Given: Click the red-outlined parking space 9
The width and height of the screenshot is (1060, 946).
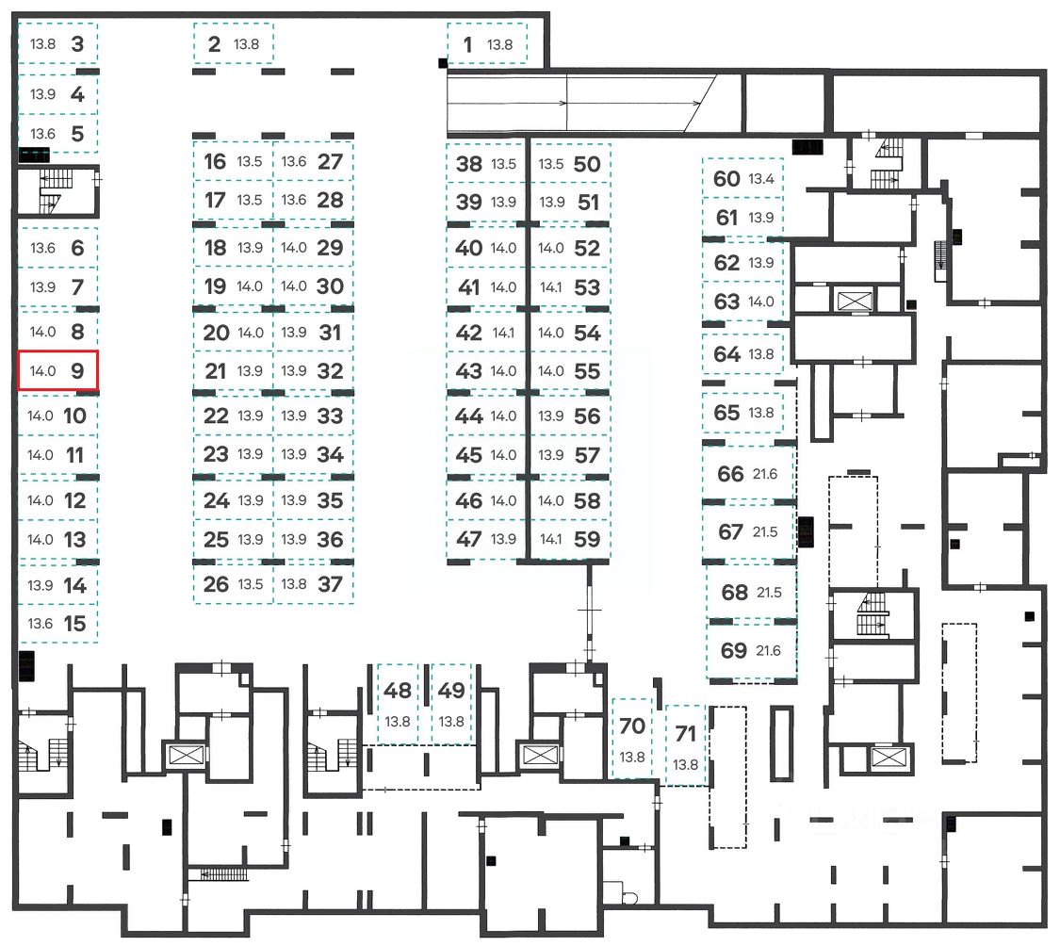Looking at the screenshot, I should [x=57, y=370].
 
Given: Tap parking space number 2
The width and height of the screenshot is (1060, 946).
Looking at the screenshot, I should [x=234, y=44].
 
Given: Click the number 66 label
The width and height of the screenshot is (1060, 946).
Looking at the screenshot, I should [x=730, y=474].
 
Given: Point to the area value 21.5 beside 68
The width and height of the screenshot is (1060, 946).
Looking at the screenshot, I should [x=764, y=594].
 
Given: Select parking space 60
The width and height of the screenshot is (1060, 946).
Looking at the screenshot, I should [x=742, y=179].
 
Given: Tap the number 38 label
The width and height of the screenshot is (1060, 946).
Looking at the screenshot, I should [x=468, y=164].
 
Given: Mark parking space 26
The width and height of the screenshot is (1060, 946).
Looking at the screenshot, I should [x=233, y=584].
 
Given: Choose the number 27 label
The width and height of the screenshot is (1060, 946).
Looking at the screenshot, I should [x=330, y=161].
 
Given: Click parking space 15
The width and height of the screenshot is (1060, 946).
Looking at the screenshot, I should [x=57, y=624].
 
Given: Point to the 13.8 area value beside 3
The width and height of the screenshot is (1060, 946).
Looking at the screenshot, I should [x=43, y=43].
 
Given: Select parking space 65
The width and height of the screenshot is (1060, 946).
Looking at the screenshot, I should [x=742, y=413].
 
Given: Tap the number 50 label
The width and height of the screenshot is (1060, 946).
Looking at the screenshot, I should [x=586, y=164].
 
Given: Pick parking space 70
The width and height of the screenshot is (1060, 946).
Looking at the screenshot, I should [x=632, y=739].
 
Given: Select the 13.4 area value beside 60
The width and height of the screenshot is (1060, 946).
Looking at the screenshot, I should [x=761, y=179].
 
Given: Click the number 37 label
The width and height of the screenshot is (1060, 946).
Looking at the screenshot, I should [x=330, y=584].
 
